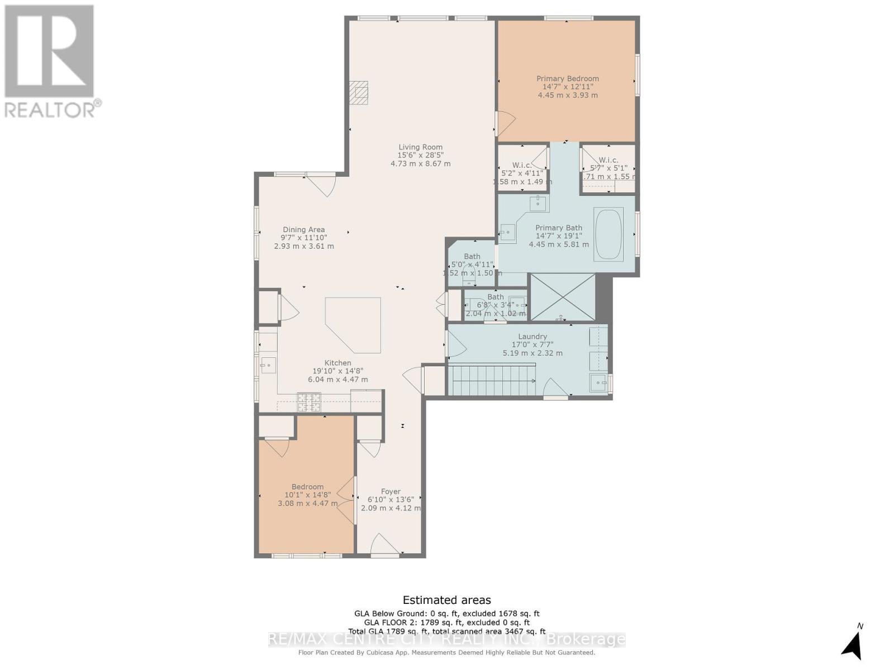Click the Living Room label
click(420, 147)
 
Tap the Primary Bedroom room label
click(568, 79)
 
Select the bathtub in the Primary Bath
click(608, 234)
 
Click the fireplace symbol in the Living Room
click(359, 93)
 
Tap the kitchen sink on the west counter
click(268, 366)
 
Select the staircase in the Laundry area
click(492, 380)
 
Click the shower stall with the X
click(562, 297)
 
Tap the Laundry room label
click(532, 337)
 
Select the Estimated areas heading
click(446, 600)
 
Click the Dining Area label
click(303, 229)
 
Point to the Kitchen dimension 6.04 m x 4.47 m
click(337, 379)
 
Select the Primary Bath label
click(558, 228)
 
